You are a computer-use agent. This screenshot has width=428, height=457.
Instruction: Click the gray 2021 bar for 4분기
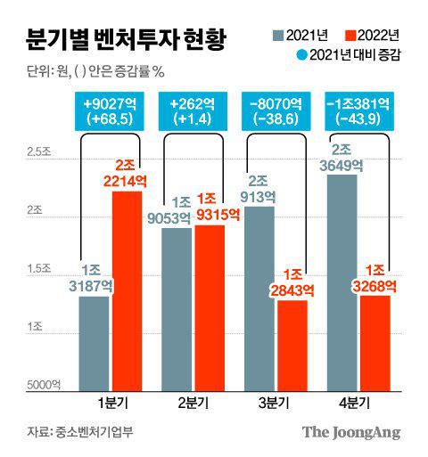click(x=342, y=281)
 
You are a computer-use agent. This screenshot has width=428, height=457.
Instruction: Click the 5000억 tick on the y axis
click(x=43, y=384)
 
